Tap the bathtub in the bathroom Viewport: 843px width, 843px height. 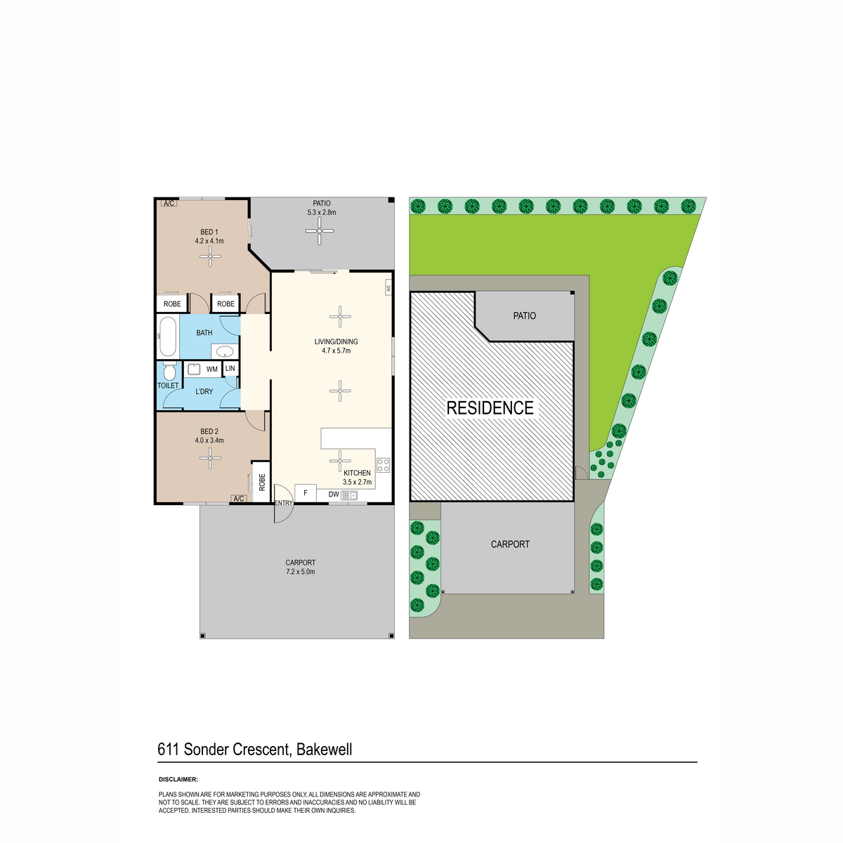pyautogui.click(x=168, y=336)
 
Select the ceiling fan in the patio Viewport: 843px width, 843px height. pyautogui.click(x=320, y=230)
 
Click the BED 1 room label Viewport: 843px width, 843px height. pyautogui.click(x=209, y=232)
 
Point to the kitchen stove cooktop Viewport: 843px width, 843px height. pyautogui.click(x=384, y=465)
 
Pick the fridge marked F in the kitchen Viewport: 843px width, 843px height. pyautogui.click(x=306, y=493)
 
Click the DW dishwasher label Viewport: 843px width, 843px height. pyautogui.click(x=334, y=495)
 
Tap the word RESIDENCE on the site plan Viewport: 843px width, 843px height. pyautogui.click(x=490, y=407)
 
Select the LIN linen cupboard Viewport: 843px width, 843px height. pyautogui.click(x=230, y=368)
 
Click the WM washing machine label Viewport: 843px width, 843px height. pyautogui.click(x=211, y=370)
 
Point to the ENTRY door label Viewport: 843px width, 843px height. pyautogui.click(x=284, y=503)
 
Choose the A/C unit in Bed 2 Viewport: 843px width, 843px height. pyautogui.click(x=239, y=498)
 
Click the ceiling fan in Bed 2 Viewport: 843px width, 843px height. pyautogui.click(x=210, y=458)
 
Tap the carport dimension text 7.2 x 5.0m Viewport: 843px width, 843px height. pyautogui.click(x=300, y=571)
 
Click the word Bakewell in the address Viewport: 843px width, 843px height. pyautogui.click(x=324, y=750)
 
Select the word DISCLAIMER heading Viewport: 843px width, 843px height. pyautogui.click(x=178, y=779)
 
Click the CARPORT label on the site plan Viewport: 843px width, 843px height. pyautogui.click(x=510, y=544)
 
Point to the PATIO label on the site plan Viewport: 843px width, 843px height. pyautogui.click(x=524, y=315)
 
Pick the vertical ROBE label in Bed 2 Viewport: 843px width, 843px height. pyautogui.click(x=262, y=482)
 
